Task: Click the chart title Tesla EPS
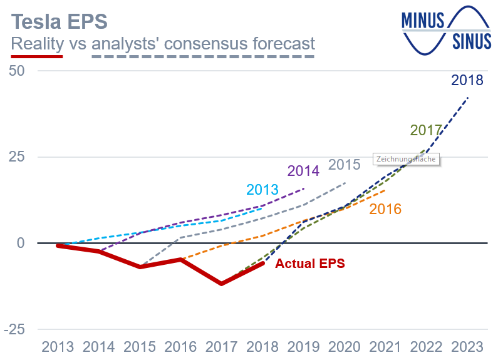click(60, 21)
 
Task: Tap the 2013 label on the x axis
click(57, 347)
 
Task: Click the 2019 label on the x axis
click(303, 347)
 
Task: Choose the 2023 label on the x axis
click(467, 347)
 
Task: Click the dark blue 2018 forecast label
click(467, 81)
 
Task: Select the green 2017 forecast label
click(426, 131)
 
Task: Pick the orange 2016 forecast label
click(385, 209)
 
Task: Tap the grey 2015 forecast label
click(345, 165)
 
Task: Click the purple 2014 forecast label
click(304, 170)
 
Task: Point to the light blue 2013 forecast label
click(262, 190)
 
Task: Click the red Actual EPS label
click(310, 264)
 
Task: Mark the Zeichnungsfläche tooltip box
click(406, 159)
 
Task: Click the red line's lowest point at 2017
click(222, 284)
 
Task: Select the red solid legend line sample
click(38, 56)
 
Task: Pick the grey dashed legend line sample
click(203, 56)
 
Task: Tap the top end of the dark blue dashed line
click(467, 98)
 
